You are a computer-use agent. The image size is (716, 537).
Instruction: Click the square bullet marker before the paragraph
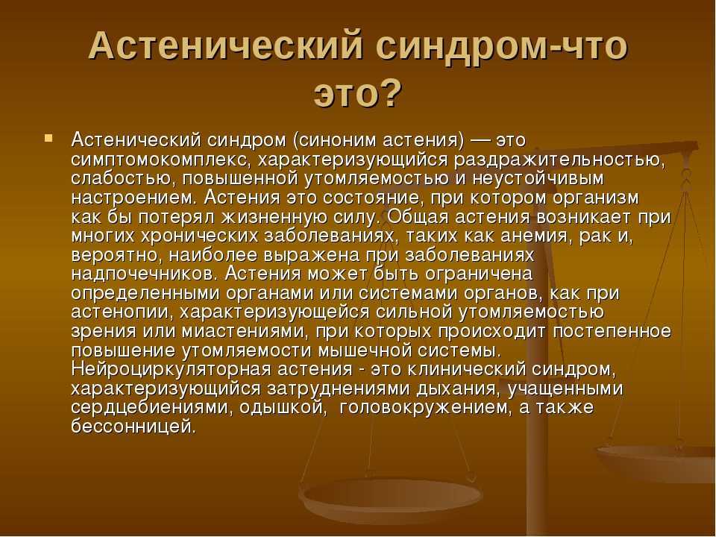(48, 136)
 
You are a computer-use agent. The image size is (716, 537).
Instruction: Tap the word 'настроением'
(134, 198)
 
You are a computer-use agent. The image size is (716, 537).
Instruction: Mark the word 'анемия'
(536, 236)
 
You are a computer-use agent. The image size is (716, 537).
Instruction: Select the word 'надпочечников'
(145, 274)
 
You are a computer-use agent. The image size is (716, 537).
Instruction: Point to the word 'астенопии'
(122, 313)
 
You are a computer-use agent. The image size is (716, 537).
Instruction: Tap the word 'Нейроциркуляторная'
(172, 370)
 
